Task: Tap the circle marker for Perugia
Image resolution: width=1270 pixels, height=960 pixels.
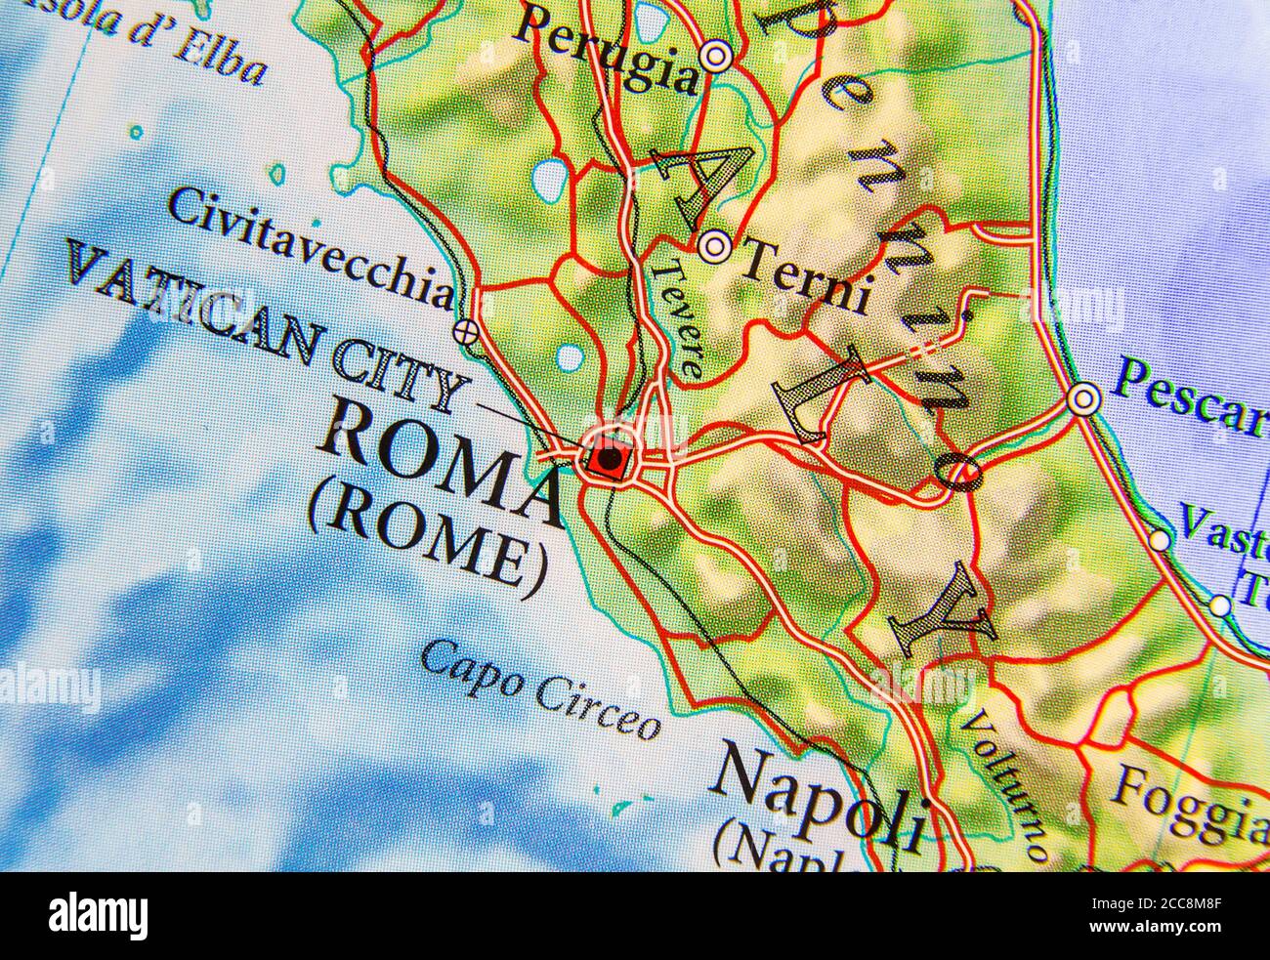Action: pos(717,58)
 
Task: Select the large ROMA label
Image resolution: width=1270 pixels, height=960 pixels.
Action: pos(440,459)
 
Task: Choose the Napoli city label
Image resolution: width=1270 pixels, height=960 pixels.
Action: pos(819,793)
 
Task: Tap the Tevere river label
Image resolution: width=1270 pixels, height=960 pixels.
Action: pos(679,318)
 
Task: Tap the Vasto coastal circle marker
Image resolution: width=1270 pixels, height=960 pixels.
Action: pos(1160,539)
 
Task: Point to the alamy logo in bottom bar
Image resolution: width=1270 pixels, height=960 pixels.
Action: pos(99,916)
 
